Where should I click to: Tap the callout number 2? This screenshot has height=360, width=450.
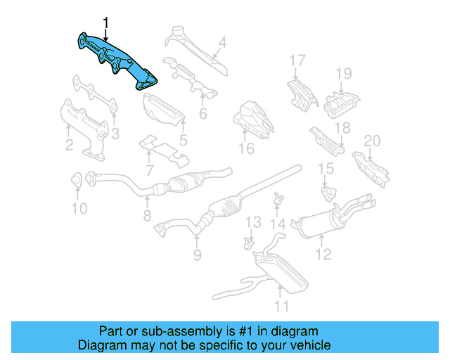pos(69,146)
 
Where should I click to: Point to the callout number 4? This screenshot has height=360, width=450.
pos(222,43)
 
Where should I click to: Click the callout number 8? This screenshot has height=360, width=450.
pos(147,217)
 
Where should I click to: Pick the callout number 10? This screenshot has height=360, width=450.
pos(79,209)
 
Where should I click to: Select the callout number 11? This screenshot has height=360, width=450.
pos(281,305)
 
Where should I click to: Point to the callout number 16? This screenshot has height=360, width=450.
pos(245,148)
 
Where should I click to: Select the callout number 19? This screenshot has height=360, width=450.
pos(342,74)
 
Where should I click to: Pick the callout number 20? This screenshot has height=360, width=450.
pos(371,141)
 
